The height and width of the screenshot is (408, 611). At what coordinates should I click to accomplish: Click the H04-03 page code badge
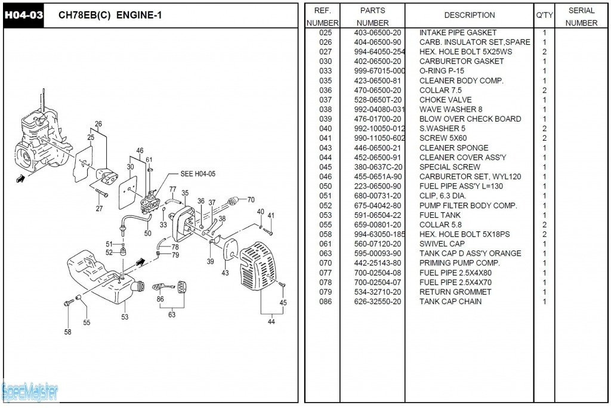click(24, 16)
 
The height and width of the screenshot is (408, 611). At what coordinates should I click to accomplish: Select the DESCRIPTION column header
click(469, 15)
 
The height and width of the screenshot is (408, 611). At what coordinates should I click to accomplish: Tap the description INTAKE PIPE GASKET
click(458, 33)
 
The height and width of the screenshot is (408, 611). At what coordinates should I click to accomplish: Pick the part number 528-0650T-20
click(378, 100)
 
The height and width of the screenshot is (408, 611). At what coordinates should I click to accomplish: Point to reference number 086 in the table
click(326, 302)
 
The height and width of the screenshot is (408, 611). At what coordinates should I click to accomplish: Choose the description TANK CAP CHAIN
click(450, 302)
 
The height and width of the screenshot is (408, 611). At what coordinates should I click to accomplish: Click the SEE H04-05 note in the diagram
click(198, 174)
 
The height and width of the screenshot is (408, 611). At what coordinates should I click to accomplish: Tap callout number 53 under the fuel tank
click(125, 317)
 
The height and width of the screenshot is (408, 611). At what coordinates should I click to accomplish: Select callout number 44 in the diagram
click(271, 322)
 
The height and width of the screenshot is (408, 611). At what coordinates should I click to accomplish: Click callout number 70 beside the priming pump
click(251, 200)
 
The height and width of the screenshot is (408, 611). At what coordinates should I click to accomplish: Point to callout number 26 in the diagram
click(98, 125)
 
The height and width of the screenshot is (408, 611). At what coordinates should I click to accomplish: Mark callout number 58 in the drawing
click(67, 332)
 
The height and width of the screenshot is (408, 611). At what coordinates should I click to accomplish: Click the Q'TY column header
click(544, 15)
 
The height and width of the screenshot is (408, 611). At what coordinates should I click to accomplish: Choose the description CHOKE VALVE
click(445, 100)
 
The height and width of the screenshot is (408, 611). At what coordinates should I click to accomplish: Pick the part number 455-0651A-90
click(378, 177)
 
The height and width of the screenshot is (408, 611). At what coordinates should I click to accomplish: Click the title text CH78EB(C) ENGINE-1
click(110, 16)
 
